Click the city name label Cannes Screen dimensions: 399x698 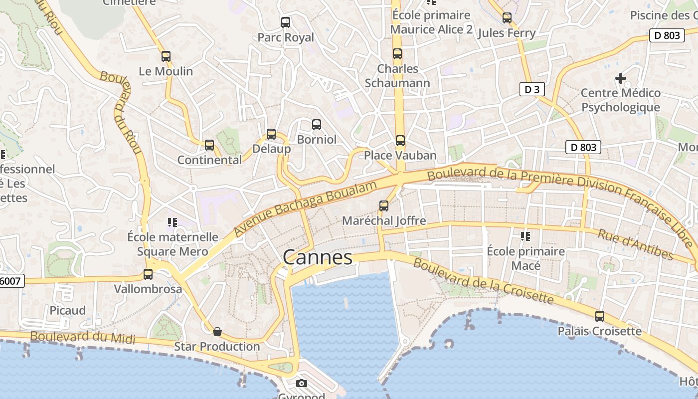pos(318,257)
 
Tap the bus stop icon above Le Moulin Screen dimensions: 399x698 pos(166,56)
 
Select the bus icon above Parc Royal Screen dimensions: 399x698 pos(286,22)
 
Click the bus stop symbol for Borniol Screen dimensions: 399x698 pos(317,125)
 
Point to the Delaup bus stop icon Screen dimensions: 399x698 pos(271,134)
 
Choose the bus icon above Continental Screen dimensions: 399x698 pos(209,145)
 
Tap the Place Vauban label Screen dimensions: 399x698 pos(400,155)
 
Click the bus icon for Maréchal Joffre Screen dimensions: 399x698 pos(384,205)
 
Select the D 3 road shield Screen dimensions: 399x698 pos(532,90)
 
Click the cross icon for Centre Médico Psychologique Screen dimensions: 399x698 pos(621,78)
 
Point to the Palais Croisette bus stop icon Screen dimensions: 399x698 pos(600,316)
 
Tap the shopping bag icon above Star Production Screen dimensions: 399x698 pos(217,332)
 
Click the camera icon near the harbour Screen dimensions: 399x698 pos(301,383)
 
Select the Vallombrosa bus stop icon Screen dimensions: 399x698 pos(148,274)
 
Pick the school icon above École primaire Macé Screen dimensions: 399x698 pos(525,236)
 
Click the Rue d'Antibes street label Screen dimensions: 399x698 pos(636,244)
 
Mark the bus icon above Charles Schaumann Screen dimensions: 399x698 pos(397,54)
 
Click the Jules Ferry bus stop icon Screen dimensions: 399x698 pos(507,18)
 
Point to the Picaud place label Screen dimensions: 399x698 pos(68,310)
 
